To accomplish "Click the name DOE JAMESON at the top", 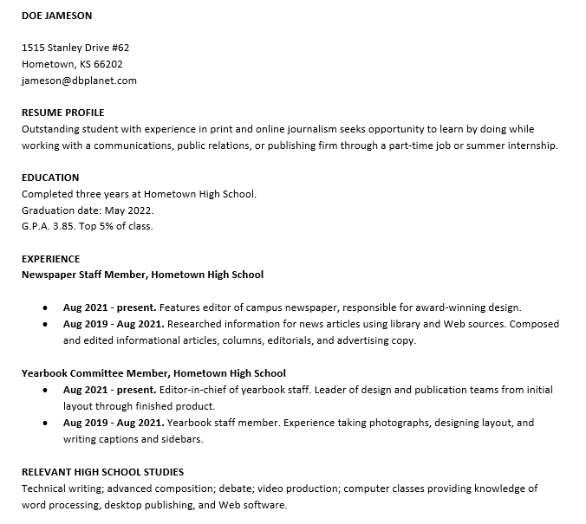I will click(56, 16).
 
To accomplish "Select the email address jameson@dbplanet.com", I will click(79, 81).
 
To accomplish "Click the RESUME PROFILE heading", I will click(62, 113).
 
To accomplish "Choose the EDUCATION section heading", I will click(50, 178).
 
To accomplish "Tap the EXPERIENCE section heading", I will click(50, 259).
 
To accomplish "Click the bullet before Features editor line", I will click(45, 307).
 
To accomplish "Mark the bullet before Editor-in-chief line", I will click(45, 391).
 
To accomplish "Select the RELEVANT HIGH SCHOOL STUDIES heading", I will click(102, 472).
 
